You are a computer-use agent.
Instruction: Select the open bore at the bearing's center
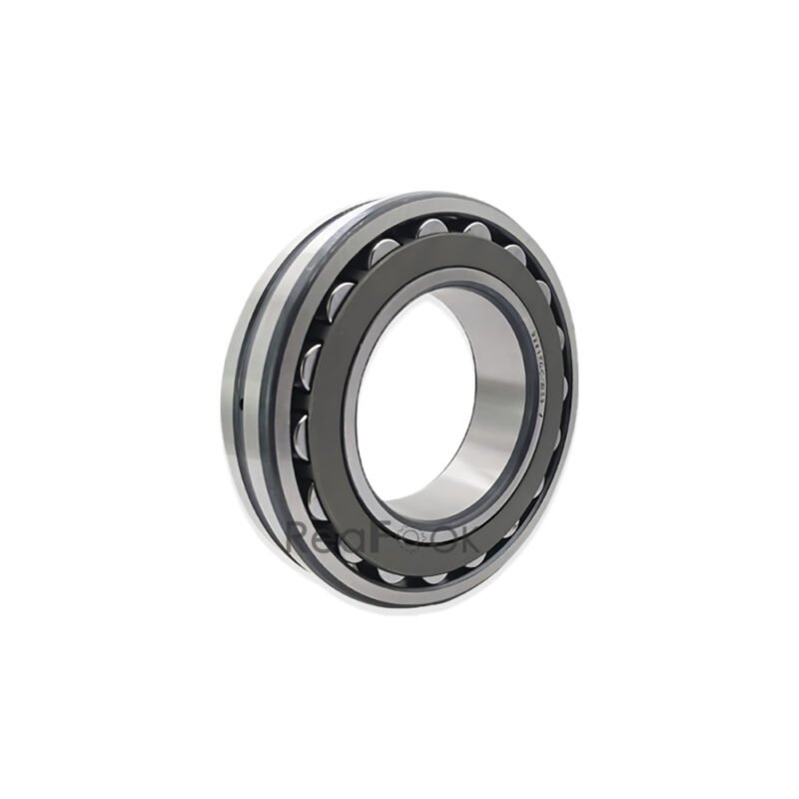point(439,399)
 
